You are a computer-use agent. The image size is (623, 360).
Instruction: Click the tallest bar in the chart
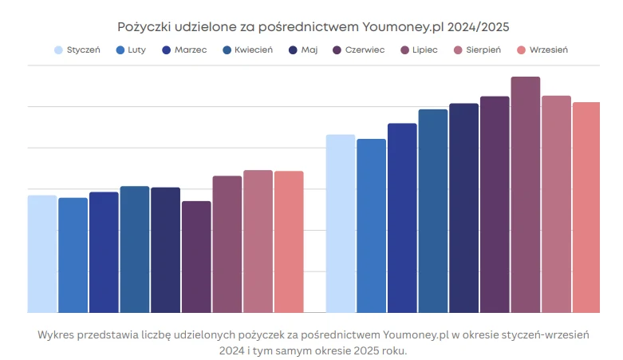pyautogui.click(x=525, y=195)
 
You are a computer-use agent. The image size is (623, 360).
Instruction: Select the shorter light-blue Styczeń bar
pyautogui.click(x=42, y=254)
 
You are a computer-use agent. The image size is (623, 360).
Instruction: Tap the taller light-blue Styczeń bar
pyautogui.click(x=341, y=224)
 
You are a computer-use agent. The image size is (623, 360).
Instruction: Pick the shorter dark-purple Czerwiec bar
pyautogui.click(x=196, y=257)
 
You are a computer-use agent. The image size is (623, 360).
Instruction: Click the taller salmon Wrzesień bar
pyautogui.click(x=586, y=208)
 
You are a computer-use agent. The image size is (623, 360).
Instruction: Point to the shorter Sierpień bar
pyautogui.click(x=258, y=241)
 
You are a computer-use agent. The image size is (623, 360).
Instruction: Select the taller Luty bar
pyautogui.click(x=371, y=226)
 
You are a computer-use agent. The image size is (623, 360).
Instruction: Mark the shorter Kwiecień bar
pyautogui.click(x=135, y=249)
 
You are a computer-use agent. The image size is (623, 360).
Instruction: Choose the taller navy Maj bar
pyautogui.click(x=463, y=208)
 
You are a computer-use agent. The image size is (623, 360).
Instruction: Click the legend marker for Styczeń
pyautogui.click(x=59, y=50)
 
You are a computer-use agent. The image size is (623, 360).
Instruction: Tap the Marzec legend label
pyautogui.click(x=190, y=50)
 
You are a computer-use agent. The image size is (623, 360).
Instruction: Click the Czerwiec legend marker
pyautogui.click(x=337, y=50)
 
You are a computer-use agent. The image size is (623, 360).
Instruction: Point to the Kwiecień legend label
pyautogui.click(x=254, y=50)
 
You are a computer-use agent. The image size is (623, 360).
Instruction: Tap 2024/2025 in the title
pyautogui.click(x=478, y=27)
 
